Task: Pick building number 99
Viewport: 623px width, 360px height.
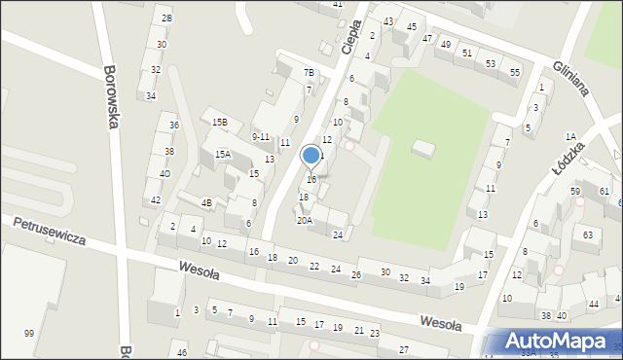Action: coord(29,334)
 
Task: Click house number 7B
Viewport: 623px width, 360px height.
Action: coord(309,73)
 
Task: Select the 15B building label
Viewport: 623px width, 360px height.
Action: coord(220,123)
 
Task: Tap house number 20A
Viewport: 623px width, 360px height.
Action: coord(305,221)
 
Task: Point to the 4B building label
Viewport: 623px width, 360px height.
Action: coord(206,203)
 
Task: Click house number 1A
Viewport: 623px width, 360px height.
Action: coord(570,136)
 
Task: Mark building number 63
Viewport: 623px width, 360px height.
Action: coord(588,235)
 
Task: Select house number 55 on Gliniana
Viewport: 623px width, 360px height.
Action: coord(515,73)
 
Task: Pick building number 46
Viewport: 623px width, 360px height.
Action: coord(182,352)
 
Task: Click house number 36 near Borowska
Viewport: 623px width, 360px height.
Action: coord(173,126)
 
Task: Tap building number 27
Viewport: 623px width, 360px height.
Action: coord(403,349)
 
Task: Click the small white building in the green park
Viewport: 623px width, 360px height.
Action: coord(423,149)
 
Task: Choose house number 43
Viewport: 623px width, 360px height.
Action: coord(388,21)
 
